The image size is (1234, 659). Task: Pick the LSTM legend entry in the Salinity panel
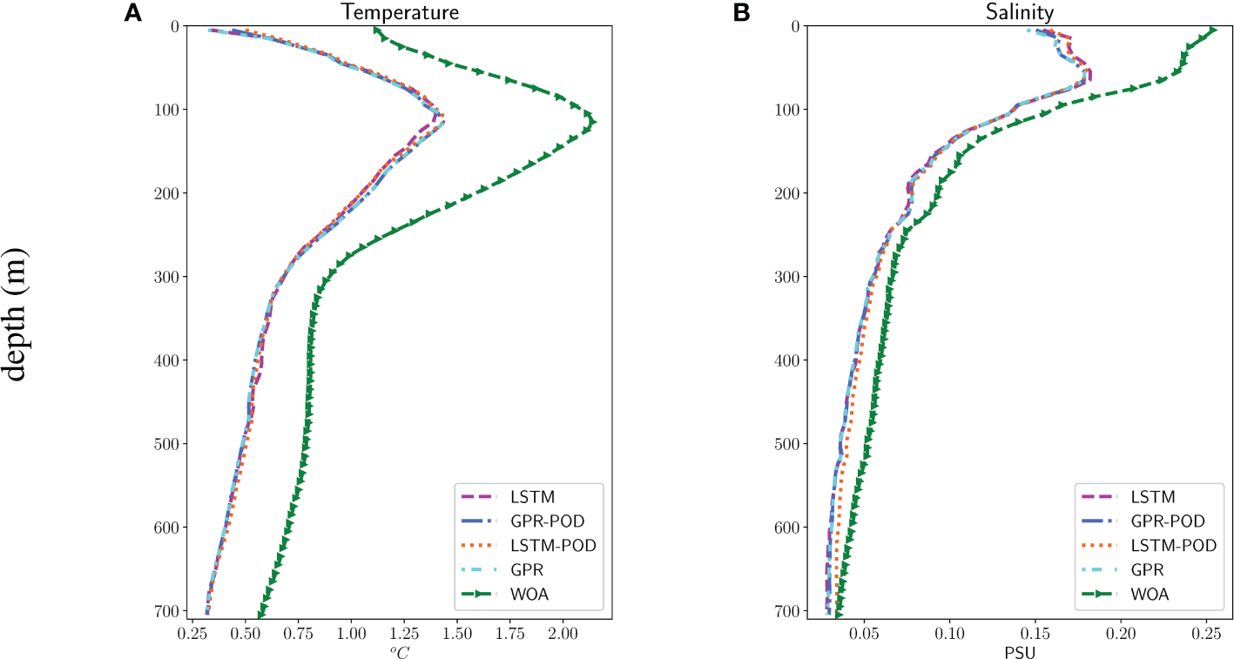click(1153, 497)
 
